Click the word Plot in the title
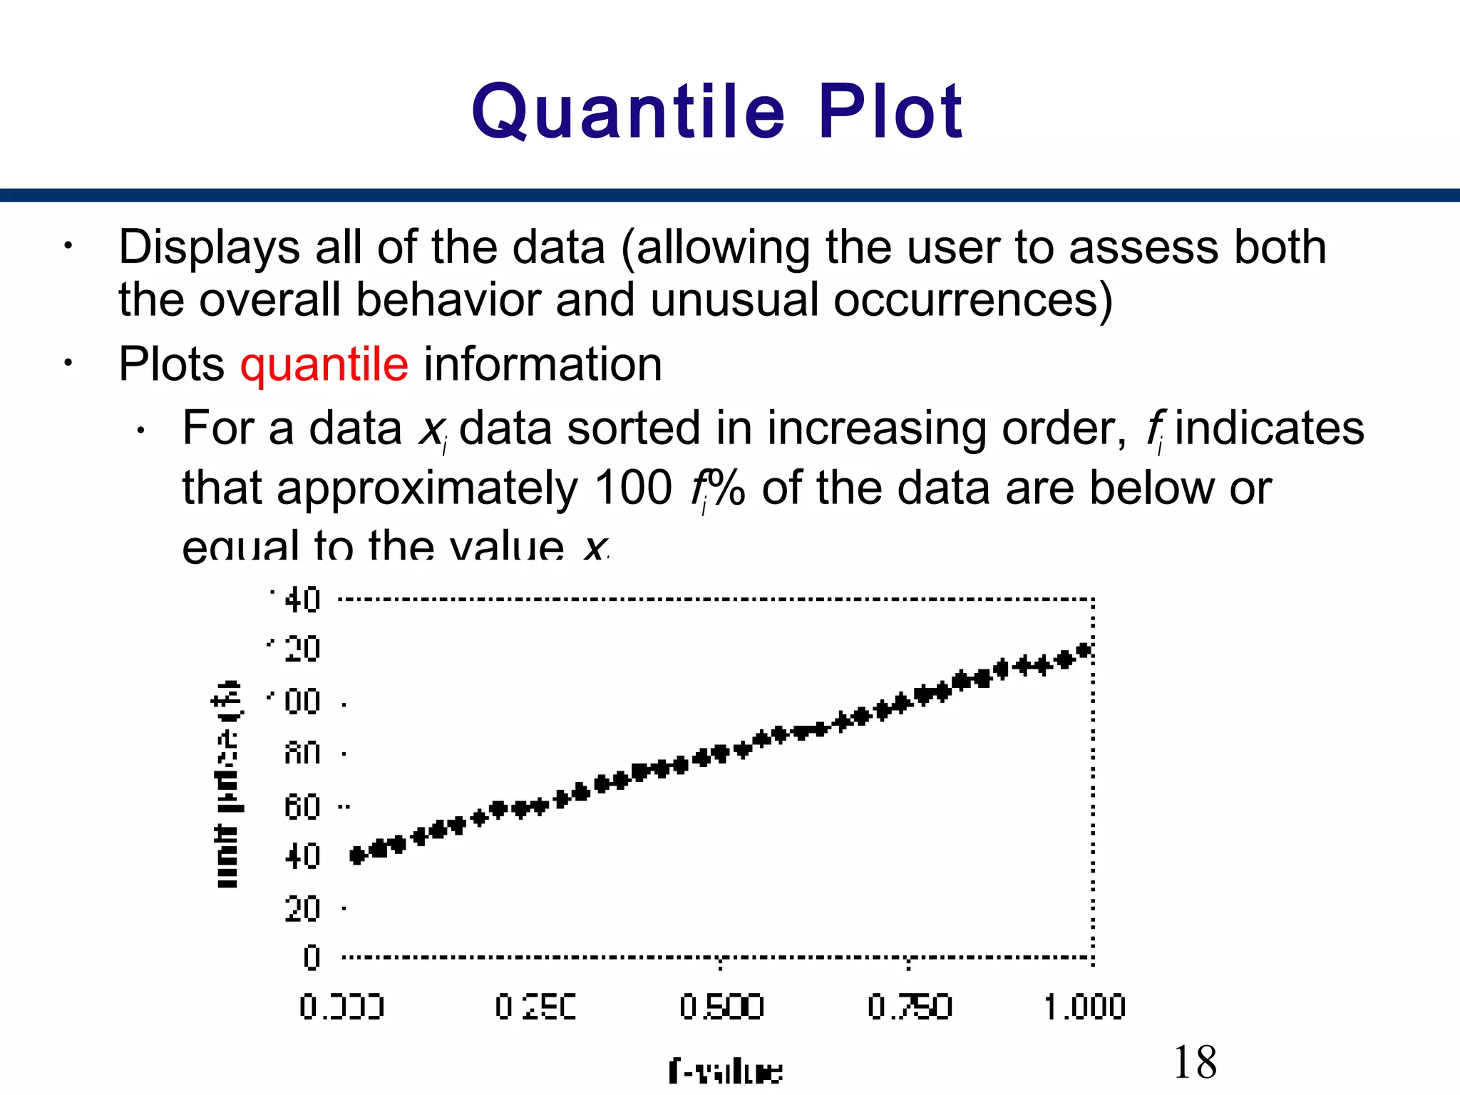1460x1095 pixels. [x=890, y=111]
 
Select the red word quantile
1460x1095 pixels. [x=324, y=364]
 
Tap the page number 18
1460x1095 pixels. [x=1195, y=1061]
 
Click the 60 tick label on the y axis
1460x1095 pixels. [x=302, y=808]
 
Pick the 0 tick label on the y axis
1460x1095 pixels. [x=311, y=957]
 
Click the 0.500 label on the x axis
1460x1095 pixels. [x=721, y=1007]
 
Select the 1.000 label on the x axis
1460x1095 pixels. [x=1084, y=1007]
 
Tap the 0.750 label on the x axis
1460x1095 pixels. [x=909, y=1007]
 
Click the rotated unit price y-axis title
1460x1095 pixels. [x=227, y=784]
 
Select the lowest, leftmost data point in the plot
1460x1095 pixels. [x=358, y=855]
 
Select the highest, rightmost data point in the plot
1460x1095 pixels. [x=1084, y=650]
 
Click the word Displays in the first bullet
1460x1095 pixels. [x=210, y=248]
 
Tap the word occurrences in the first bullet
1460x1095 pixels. [x=972, y=299]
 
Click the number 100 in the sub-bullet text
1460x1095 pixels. [x=633, y=488]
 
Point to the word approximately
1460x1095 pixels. [x=427, y=490]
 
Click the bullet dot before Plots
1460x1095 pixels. [x=68, y=364]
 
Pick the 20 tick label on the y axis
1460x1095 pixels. [x=302, y=910]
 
